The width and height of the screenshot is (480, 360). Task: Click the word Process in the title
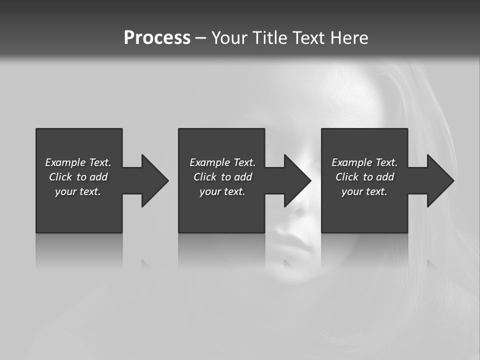pyautogui.click(x=157, y=38)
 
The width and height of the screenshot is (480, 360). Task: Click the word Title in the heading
pyautogui.click(x=267, y=38)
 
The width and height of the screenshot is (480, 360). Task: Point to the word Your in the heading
pyautogui.click(x=229, y=38)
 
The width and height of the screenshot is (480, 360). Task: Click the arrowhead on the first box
pyautogui.click(x=154, y=180)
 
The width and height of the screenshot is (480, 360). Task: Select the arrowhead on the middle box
pyautogui.click(x=297, y=180)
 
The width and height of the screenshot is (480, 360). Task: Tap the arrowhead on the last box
pyautogui.click(x=440, y=180)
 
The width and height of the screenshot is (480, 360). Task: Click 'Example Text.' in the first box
pyautogui.click(x=78, y=162)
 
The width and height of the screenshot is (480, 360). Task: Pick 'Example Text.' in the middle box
pyautogui.click(x=222, y=162)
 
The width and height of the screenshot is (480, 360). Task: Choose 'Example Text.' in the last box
pyautogui.click(x=364, y=162)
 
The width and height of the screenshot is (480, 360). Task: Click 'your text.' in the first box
pyautogui.click(x=78, y=191)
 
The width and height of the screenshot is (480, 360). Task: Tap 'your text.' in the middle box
pyautogui.click(x=222, y=191)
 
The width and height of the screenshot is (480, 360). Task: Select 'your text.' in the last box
pyautogui.click(x=364, y=191)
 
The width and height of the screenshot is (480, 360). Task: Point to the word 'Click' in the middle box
pyautogui.click(x=205, y=177)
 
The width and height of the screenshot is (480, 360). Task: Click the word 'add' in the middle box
pyautogui.click(x=243, y=177)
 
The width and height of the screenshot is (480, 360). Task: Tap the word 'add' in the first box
pyautogui.click(x=98, y=177)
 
